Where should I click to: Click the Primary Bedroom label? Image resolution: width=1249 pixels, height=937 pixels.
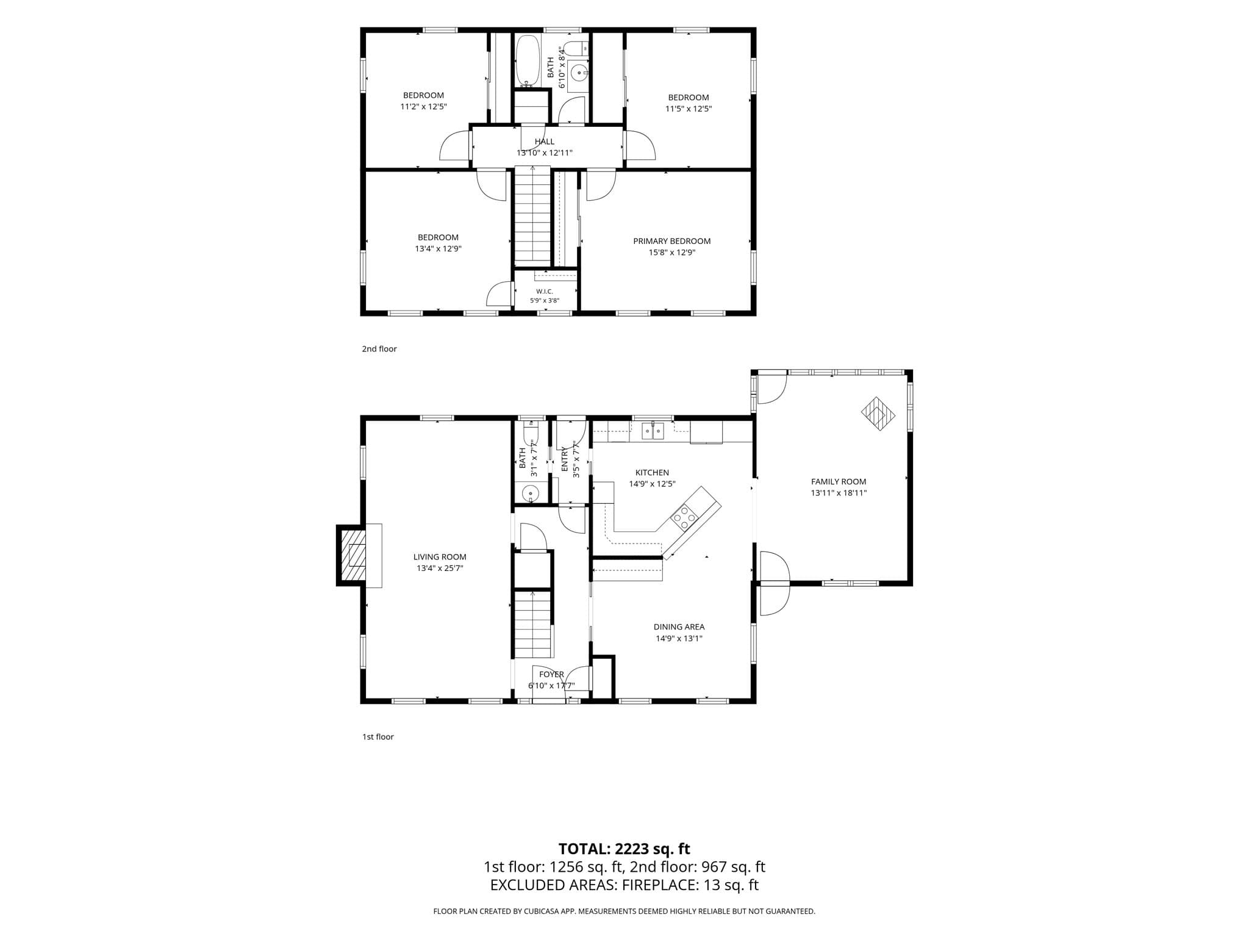coord(671,241)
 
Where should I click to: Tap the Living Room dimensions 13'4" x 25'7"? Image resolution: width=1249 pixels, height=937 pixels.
coord(440,569)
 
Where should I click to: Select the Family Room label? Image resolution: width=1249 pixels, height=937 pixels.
coord(839,481)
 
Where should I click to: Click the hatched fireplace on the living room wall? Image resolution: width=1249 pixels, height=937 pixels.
coord(353,555)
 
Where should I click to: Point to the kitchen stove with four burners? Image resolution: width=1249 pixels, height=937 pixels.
coord(684,519)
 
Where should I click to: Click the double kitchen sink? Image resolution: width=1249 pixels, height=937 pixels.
coord(654,431)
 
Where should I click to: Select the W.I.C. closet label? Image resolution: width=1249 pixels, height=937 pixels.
coord(545,292)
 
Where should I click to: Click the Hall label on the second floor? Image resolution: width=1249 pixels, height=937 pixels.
coord(545,142)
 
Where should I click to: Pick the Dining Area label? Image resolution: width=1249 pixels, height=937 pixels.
coord(679,626)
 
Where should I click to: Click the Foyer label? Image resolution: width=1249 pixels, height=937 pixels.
coord(551,674)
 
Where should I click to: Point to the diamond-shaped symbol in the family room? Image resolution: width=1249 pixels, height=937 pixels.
coord(878,414)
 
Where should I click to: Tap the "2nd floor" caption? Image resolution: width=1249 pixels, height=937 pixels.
coord(379,349)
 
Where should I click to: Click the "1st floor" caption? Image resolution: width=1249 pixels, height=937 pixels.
coord(378,737)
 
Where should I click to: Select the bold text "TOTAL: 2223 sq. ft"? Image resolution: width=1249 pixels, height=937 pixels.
coord(624,849)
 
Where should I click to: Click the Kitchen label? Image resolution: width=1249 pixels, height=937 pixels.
coord(652,473)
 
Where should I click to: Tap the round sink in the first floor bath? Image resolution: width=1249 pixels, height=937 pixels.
coord(531,493)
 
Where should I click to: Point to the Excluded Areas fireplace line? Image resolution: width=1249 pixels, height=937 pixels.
coord(624,885)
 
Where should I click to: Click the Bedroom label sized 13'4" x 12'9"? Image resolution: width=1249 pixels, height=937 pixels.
coord(438,237)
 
